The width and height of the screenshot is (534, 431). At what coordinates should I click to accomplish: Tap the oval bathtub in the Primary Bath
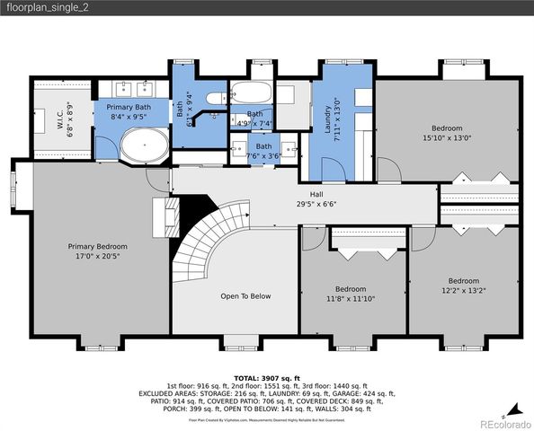pos(144,144)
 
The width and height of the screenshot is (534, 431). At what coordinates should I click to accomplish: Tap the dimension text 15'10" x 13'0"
pos(447,138)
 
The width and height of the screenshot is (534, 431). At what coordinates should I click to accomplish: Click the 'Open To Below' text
pos(245,295)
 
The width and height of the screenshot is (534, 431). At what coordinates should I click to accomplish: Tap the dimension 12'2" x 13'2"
pos(464,289)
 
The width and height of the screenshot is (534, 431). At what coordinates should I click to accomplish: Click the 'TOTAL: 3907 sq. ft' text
pos(266,378)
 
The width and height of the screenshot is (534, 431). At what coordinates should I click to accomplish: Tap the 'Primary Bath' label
pos(130,107)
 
